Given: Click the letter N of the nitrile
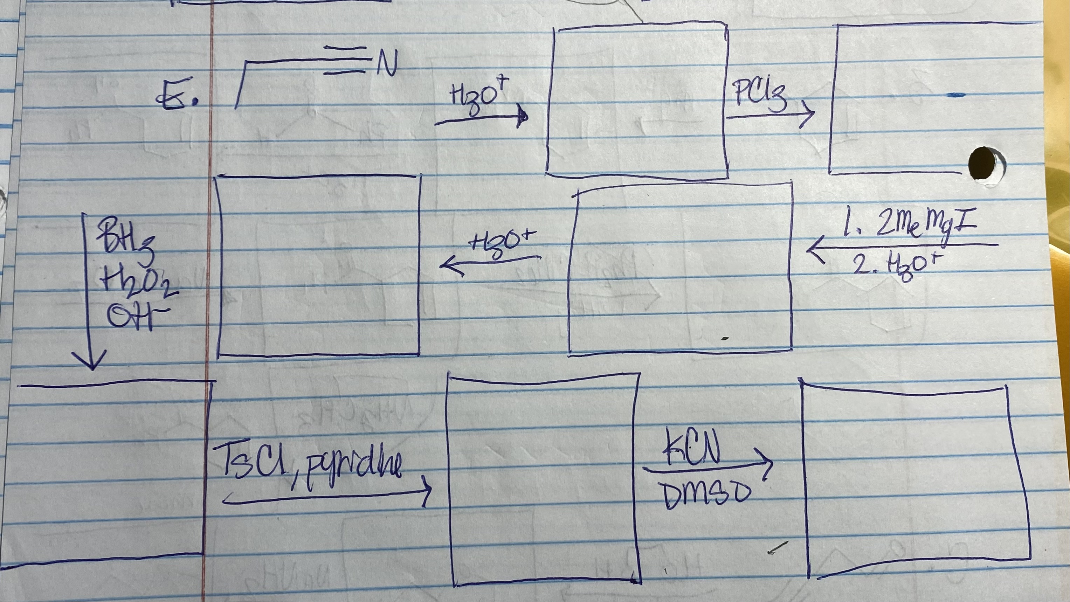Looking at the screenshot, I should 387,63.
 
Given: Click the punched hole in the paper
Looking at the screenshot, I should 983,163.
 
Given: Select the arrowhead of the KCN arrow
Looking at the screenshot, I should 767,463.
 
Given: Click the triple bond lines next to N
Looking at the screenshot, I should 344,60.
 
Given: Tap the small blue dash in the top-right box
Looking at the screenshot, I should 955,96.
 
